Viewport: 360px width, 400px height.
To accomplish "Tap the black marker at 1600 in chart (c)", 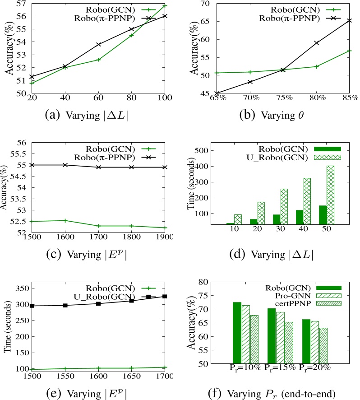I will (x=65, y=165).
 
